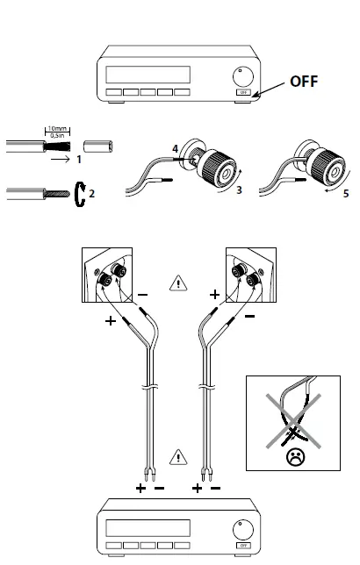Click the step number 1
tap(78, 161)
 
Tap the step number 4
tap(176, 150)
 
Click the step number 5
tap(345, 192)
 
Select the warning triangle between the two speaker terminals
tap(180, 282)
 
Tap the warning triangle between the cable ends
tap(180, 456)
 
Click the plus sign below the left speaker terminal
tap(111, 321)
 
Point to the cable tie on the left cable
tap(148, 385)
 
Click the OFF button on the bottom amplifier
tap(241, 546)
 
